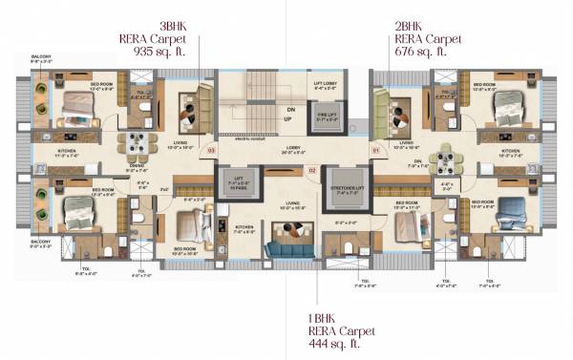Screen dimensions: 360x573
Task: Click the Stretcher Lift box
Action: pos(346,181)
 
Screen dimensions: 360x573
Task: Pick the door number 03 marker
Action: pos(211,149)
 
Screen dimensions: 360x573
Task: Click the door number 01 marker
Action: pos(376,149)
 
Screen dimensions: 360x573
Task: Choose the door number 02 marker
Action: pos(311,170)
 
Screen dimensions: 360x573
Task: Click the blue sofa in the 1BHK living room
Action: pos(287,250)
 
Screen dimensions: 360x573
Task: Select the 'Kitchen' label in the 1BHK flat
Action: pos(244,228)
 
